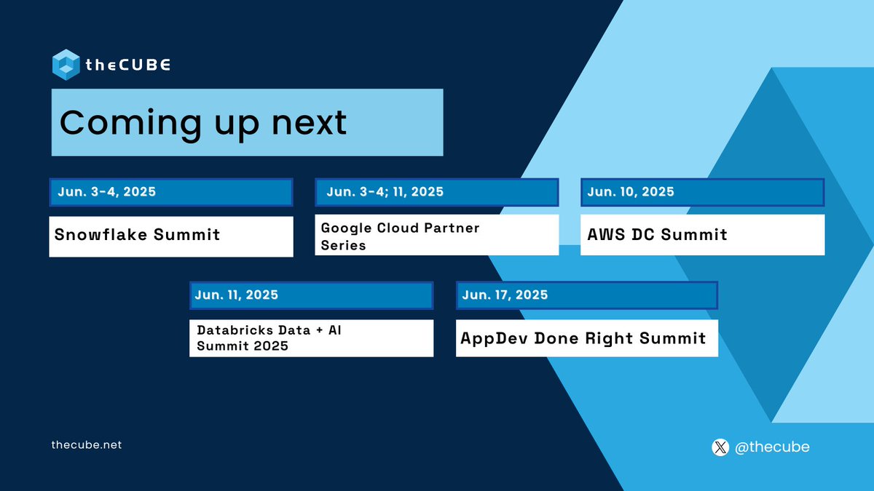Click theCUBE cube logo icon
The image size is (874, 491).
click(x=66, y=65)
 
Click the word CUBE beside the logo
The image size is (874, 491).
click(x=144, y=65)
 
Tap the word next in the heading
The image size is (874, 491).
click(x=309, y=123)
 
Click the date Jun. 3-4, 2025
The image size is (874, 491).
click(x=107, y=192)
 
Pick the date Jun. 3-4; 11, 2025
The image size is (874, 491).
click(x=385, y=192)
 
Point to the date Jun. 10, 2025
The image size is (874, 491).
click(x=631, y=192)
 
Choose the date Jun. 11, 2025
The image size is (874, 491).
click(x=237, y=295)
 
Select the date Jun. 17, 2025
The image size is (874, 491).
click(x=505, y=295)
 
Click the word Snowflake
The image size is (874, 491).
click(x=101, y=234)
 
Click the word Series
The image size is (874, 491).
click(x=343, y=246)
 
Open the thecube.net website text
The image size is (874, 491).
click(x=87, y=445)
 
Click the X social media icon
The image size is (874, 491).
click(x=720, y=447)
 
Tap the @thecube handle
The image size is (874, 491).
click(x=772, y=447)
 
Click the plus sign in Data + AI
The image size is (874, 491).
click(x=320, y=330)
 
